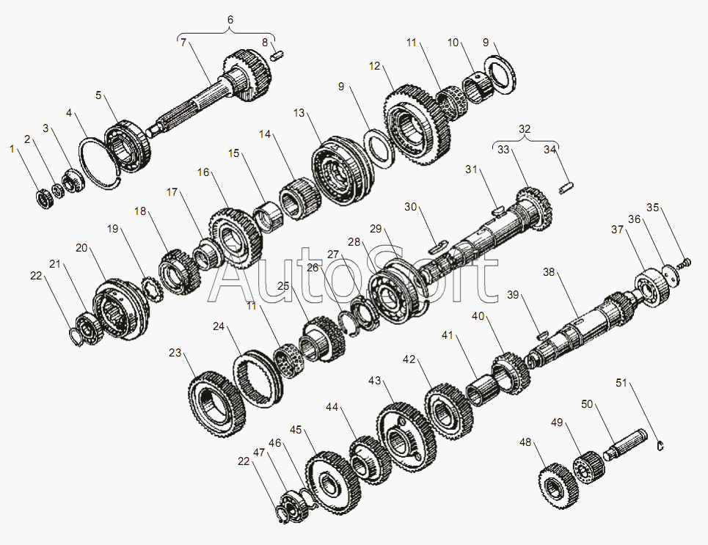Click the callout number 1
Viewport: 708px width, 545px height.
12,150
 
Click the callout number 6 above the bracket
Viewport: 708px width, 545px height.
230,20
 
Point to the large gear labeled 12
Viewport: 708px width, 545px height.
417,125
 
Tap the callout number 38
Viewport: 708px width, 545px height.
549,272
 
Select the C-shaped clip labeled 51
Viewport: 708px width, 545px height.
660,446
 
